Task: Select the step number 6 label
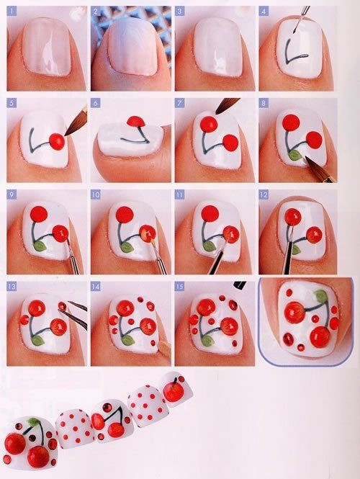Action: point(96,103)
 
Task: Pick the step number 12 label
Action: point(264,194)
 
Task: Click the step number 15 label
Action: point(181,286)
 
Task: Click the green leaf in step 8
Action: point(294,153)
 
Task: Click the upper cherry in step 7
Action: point(209,123)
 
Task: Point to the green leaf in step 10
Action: point(127,246)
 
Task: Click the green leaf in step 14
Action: point(127,339)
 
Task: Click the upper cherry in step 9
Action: point(40,213)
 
